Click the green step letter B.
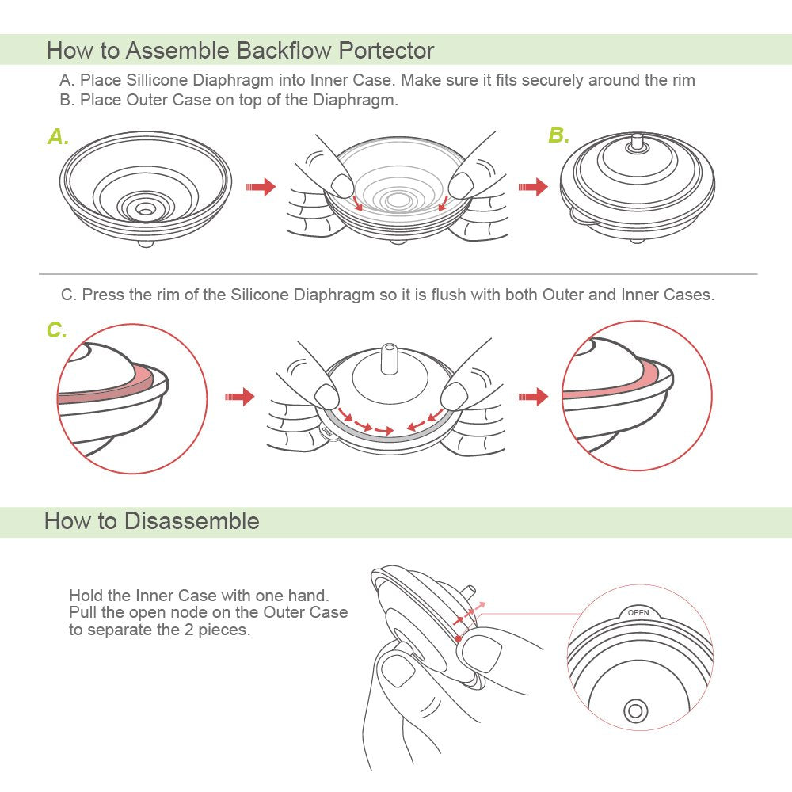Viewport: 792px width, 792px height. point(558,135)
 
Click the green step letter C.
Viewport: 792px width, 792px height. point(56,330)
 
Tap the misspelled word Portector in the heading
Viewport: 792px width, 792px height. point(386,51)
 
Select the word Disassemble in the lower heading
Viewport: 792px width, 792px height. point(192,521)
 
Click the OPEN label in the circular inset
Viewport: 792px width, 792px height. point(638,612)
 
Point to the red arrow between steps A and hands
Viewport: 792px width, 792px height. point(261,187)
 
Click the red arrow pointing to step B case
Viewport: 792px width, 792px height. point(532,187)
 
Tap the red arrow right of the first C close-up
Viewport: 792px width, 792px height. point(240,396)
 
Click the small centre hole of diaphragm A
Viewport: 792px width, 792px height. point(146,209)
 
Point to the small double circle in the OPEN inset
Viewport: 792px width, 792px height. point(635,710)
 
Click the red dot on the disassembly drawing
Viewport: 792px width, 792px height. point(459,638)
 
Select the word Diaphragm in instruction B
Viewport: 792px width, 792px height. point(356,101)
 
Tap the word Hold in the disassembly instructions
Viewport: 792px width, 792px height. point(85,596)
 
